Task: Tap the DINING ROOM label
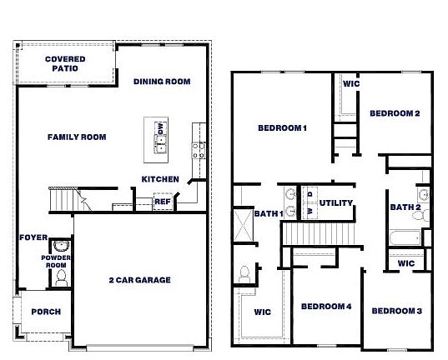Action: tap(162, 82)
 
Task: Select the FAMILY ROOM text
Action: tap(76, 137)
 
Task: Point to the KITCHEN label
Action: tap(159, 179)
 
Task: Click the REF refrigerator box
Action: tap(162, 201)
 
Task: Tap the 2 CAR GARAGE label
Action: tap(139, 280)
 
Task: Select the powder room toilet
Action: tap(59, 247)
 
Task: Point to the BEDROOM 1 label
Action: tap(283, 127)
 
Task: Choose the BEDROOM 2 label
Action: tap(395, 113)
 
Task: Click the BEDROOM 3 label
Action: tap(396, 311)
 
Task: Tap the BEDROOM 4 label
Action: tap(326, 307)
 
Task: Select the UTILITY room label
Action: tap(336, 202)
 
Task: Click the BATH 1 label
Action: tap(269, 214)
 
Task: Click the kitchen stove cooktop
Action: tap(200, 150)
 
